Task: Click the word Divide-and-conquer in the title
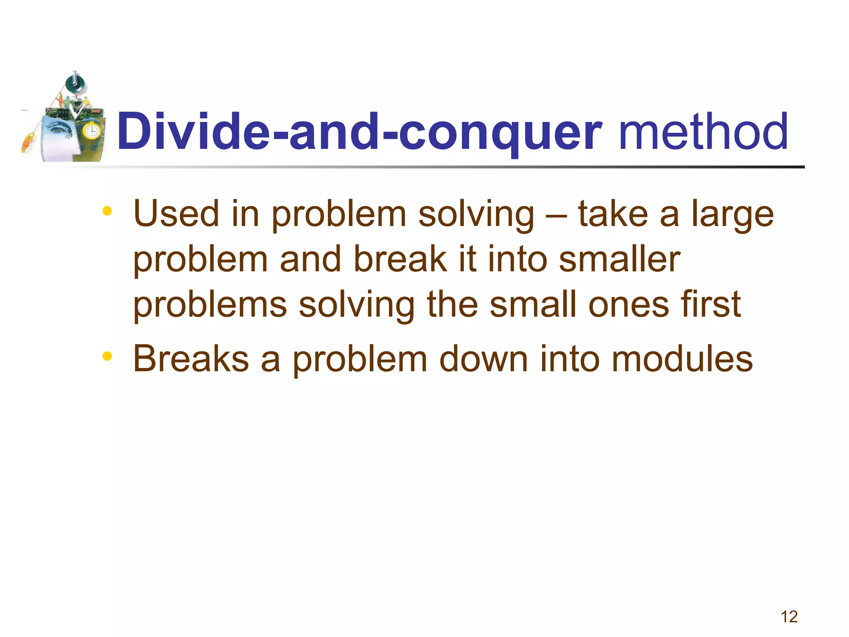(x=359, y=132)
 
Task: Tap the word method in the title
(x=703, y=132)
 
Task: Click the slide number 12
(x=789, y=617)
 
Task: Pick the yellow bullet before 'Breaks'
(x=107, y=356)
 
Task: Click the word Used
(x=176, y=214)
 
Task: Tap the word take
(x=613, y=214)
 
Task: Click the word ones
(x=628, y=306)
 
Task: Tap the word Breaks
(x=191, y=359)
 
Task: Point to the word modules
(x=682, y=359)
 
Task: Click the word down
(x=484, y=359)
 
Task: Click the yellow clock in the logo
(x=91, y=131)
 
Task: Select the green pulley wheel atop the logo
(x=75, y=83)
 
